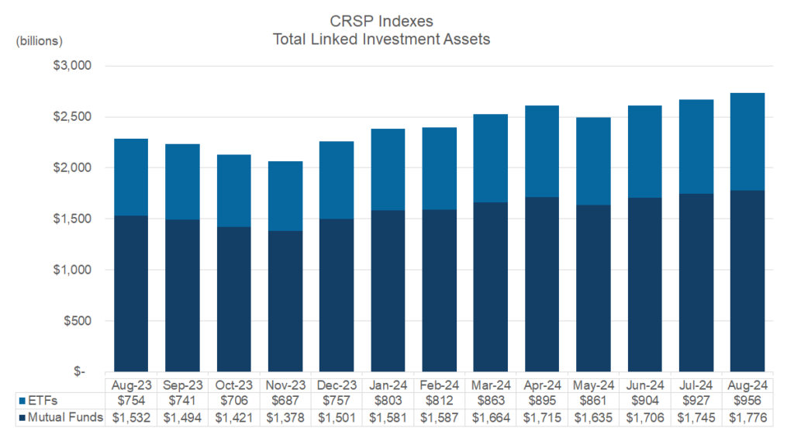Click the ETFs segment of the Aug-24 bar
(748, 142)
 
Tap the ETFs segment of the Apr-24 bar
(542, 151)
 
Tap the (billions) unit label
(40, 40)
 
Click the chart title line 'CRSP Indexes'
(381, 22)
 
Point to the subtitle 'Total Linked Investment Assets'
(381, 40)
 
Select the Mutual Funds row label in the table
(60, 418)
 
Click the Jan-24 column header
(388, 385)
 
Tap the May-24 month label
(594, 385)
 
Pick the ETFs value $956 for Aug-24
(748, 401)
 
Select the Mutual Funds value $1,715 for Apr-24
(542, 418)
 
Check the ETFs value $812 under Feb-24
(440, 401)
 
